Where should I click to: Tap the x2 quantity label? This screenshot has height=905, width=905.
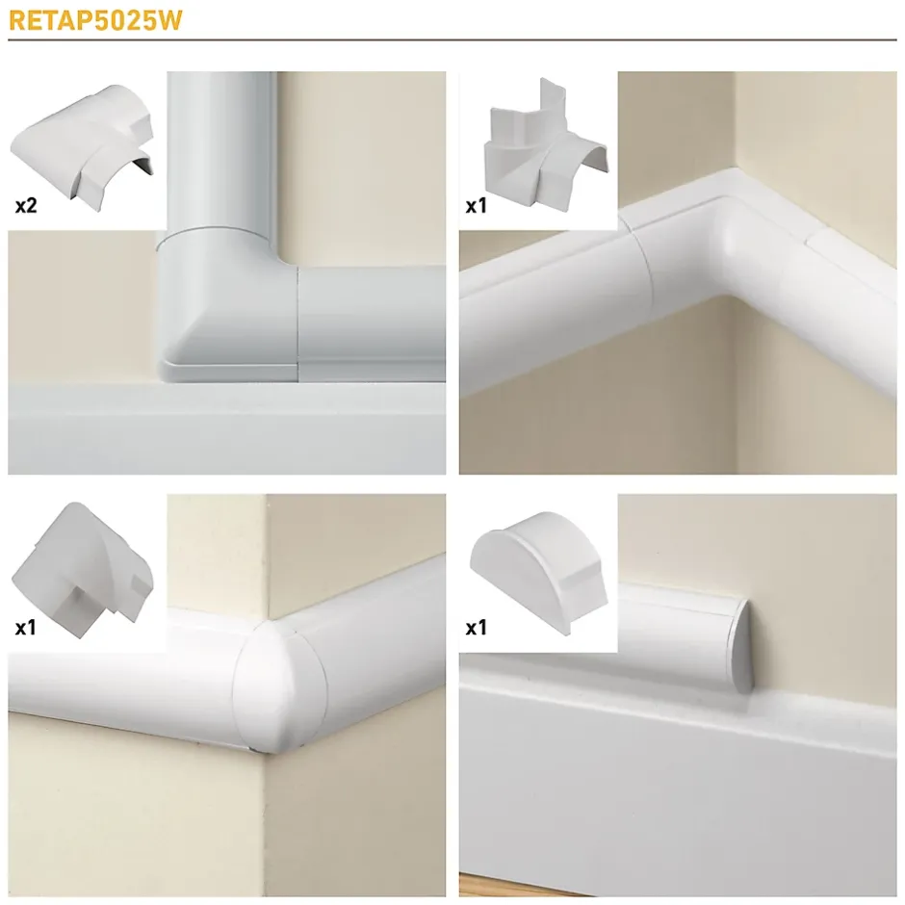pos(26,206)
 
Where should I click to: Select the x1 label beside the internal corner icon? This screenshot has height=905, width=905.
pos(477,206)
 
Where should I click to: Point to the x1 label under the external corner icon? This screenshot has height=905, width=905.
pos(26,628)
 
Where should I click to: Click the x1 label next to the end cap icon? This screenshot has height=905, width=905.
pos(477,628)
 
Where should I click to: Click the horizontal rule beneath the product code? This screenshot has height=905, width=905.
pos(452,40)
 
